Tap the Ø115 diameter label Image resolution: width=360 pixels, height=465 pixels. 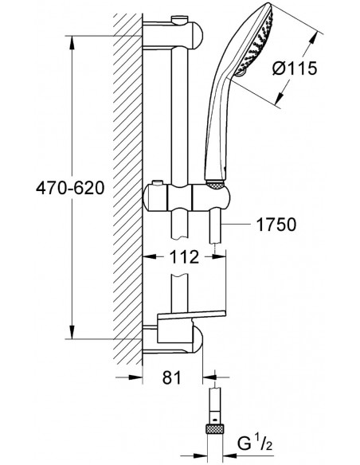coord(295,68)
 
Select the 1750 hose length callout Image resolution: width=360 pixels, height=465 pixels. coord(274,225)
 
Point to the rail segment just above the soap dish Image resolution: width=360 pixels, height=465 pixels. coord(182,295)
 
